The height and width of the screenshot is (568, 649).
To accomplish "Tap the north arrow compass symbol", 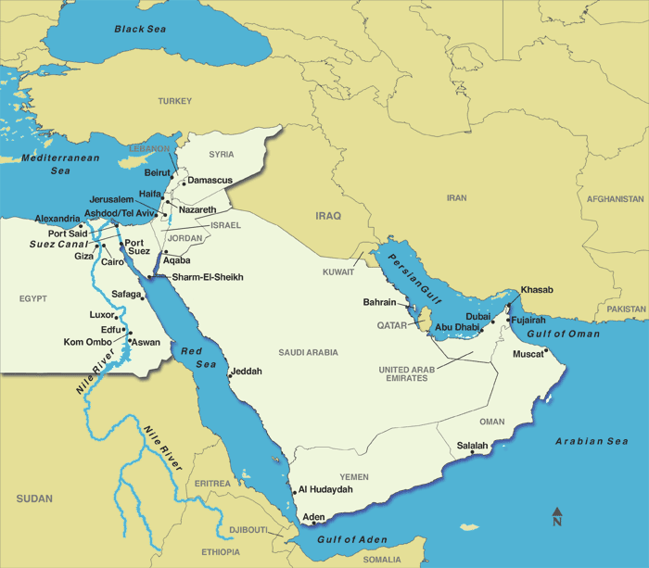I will point(557,516).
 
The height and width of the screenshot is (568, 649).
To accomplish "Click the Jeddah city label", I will point(247,371).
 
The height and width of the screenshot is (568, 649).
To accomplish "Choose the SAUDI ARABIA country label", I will point(308,352).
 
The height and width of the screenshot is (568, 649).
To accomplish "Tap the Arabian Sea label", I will point(592,441).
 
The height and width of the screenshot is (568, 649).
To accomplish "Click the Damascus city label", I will point(210,180).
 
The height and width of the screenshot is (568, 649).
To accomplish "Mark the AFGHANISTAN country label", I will point(615,199).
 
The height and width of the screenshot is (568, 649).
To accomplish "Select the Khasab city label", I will point(537,290).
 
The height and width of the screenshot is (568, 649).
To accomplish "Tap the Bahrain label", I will point(379,302).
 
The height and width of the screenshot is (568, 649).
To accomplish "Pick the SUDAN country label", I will point(34,499).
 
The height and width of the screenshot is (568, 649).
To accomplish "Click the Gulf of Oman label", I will point(564,334).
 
